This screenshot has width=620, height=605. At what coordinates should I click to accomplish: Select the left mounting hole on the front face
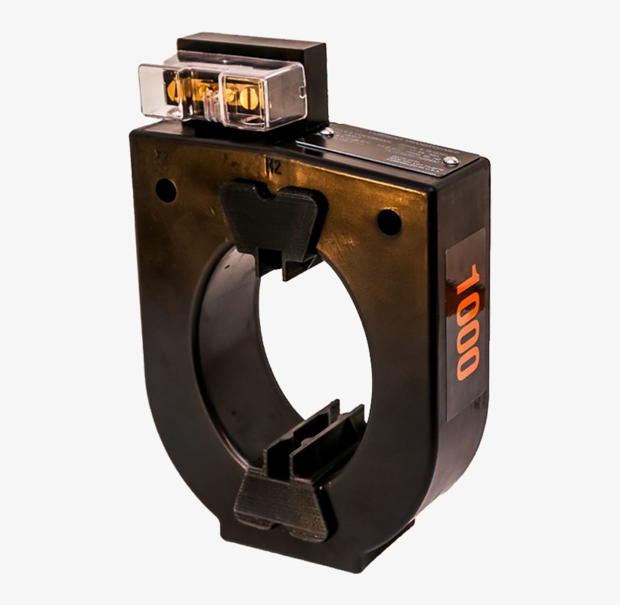coord(165,190)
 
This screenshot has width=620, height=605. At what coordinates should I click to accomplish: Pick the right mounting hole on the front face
coord(388,221)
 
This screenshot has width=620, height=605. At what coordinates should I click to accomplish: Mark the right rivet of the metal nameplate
coord(451,160)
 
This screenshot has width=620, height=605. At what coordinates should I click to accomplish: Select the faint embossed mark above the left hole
coord(160,157)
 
